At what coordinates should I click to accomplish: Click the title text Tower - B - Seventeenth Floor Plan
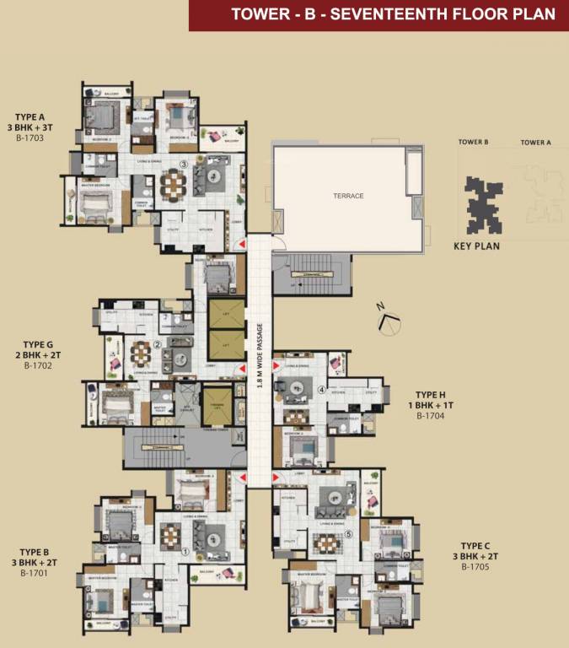394,14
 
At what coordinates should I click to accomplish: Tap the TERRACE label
347,196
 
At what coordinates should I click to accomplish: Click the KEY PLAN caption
477,246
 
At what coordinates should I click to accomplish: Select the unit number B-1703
30,137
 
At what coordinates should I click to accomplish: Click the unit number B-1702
38,365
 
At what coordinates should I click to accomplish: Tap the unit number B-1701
30,573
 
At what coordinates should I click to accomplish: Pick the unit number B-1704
430,415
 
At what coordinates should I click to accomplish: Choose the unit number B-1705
475,567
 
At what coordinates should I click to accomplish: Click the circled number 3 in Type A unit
183,164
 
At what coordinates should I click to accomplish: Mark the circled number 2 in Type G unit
158,345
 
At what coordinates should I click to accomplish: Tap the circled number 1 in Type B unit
185,553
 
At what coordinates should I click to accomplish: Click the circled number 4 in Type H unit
321,390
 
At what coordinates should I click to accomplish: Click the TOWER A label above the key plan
535,143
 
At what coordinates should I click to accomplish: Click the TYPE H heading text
430,394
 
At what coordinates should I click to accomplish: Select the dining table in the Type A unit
173,185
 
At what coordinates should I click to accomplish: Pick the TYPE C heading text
476,546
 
